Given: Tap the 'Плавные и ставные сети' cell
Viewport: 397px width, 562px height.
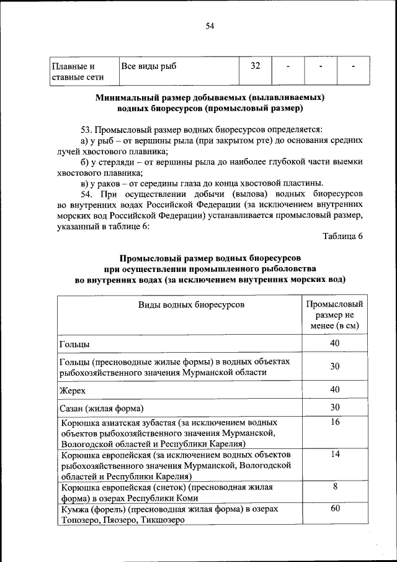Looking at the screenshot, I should tap(77, 71).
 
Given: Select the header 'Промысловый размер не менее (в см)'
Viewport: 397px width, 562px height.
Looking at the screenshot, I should tap(334, 315).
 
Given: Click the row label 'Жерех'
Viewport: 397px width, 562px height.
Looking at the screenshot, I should tap(72, 390).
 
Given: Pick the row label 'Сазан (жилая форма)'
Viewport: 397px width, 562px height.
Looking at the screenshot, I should tap(102, 408).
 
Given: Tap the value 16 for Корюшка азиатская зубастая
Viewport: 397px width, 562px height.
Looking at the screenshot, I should tap(334, 422).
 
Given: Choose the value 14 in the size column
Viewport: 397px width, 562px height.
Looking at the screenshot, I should tap(334, 454).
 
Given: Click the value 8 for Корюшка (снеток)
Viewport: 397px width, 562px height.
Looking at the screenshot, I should tap(334, 487).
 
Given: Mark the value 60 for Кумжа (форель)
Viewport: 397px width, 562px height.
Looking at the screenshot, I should tap(334, 509).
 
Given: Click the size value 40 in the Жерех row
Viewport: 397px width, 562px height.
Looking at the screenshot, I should tap(334, 389).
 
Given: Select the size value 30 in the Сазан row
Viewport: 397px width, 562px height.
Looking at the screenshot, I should tap(334, 407).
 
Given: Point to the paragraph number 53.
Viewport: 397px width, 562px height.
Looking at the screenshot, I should tap(86, 130).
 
